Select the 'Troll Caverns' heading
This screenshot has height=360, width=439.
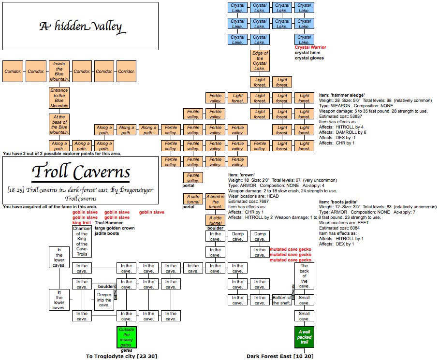[x=80, y=172]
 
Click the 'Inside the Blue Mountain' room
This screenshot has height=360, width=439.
[x=59, y=71]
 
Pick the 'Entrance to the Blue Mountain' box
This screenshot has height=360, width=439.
[x=59, y=98]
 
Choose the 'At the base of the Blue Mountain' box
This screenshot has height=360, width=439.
[x=59, y=124]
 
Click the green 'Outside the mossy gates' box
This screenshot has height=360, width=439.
[x=126, y=336]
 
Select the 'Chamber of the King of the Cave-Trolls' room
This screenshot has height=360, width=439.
[x=82, y=241]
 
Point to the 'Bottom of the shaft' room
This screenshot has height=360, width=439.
[x=282, y=300]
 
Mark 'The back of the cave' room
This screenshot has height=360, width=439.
[x=304, y=275]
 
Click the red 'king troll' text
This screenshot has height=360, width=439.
[x=82, y=223]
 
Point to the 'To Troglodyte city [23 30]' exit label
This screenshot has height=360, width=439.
[x=121, y=356]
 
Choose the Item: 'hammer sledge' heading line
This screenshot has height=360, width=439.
[x=342, y=95]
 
